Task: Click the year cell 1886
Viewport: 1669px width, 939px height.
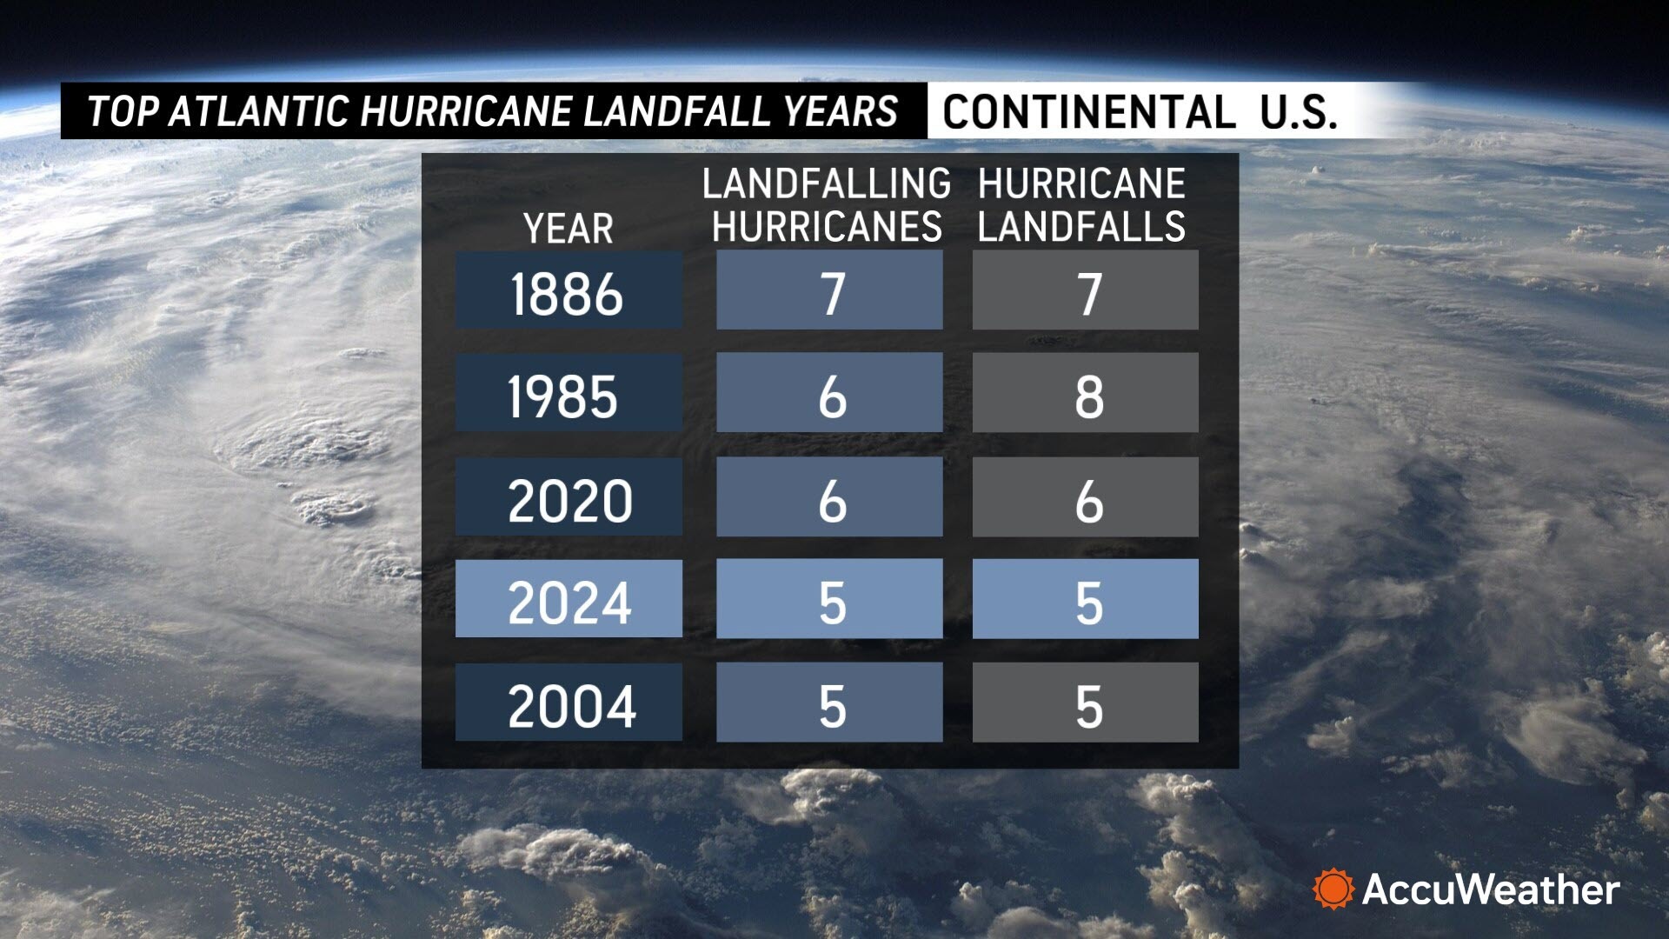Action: tap(569, 290)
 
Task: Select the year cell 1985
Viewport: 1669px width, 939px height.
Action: tap(569, 393)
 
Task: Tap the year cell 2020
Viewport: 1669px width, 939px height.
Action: tap(569, 497)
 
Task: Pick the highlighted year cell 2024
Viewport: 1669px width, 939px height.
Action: tap(569, 599)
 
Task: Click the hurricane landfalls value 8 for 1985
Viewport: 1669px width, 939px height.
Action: tap(1085, 393)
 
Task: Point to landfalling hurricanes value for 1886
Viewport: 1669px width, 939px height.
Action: tap(829, 290)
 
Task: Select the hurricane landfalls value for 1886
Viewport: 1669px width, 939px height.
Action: tap(1085, 290)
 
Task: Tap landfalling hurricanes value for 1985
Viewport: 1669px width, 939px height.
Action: tap(829, 393)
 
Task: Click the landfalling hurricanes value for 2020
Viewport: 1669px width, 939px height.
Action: tap(829, 497)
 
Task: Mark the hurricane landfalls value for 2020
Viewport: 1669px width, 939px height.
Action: tap(1085, 497)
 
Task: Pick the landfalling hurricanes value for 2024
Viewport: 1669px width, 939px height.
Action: tap(829, 599)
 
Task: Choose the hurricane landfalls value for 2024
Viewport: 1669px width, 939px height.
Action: tap(1085, 599)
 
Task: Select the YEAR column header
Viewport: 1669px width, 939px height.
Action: tap(569, 229)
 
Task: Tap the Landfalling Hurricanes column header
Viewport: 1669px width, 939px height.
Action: tap(827, 205)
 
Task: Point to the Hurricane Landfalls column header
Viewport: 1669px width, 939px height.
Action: tap(1081, 205)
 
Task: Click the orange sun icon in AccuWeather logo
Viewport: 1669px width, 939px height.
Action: tap(1333, 889)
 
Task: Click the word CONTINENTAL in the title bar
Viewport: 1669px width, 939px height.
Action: tap(1088, 112)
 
